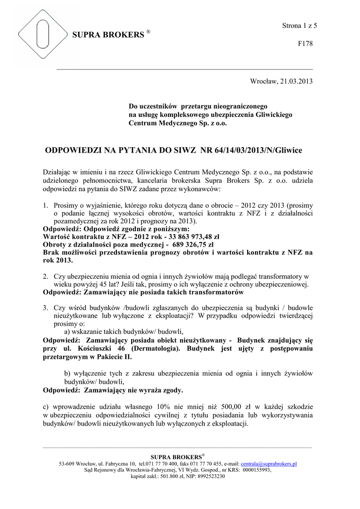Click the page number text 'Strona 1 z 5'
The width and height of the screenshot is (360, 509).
[x=296, y=25]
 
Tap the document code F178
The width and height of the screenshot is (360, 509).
[x=305, y=44]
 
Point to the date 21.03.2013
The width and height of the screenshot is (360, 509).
[x=296, y=81]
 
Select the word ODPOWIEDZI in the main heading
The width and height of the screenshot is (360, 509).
[x=76, y=150]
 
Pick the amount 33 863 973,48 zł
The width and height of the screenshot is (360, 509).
[x=177, y=237]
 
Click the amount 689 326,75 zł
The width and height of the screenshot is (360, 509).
[x=193, y=245]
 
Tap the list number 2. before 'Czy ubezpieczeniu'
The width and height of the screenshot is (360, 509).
[x=45, y=276]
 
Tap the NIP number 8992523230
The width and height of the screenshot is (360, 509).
[x=211, y=476]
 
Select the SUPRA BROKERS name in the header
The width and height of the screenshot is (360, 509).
[x=107, y=35]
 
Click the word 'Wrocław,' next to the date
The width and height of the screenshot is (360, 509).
[x=263, y=81]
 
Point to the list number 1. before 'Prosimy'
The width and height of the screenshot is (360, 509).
[x=45, y=205]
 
